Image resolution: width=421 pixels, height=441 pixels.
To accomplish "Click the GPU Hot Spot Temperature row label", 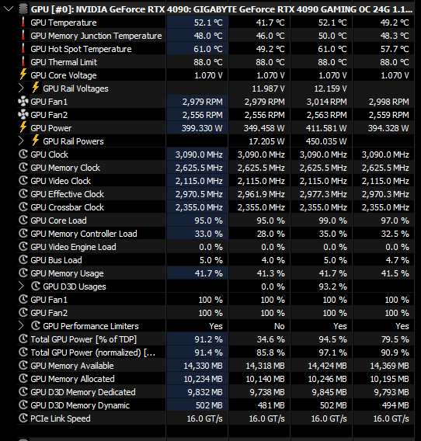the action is (x=81, y=49).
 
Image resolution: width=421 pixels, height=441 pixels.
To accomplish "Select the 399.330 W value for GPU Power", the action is (x=202, y=128).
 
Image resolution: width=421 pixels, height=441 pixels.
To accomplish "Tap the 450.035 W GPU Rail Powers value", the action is (x=326, y=141).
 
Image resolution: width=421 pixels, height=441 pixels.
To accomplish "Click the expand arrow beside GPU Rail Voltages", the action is (x=21, y=89).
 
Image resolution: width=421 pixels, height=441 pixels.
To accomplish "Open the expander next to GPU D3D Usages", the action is (x=21, y=286).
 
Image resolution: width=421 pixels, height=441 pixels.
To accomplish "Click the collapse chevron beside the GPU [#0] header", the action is (x=9, y=9).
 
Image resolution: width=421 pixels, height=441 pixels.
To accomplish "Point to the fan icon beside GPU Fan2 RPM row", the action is (x=23, y=115).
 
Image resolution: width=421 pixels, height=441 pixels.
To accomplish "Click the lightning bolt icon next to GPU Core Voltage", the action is (x=23, y=75).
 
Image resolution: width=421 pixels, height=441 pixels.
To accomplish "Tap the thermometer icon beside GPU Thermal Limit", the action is (x=23, y=61).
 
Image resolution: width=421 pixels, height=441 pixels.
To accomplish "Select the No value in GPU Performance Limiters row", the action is (x=279, y=326).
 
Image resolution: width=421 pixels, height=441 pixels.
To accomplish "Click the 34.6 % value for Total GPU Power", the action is (x=271, y=339).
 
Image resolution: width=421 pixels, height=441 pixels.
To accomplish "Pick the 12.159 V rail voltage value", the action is (x=330, y=89).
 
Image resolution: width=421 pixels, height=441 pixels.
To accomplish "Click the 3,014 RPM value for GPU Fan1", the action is (x=327, y=102).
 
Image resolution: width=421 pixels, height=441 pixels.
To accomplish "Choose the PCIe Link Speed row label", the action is (x=61, y=418).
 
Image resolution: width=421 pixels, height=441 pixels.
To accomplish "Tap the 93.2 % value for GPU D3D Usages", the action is (x=332, y=286).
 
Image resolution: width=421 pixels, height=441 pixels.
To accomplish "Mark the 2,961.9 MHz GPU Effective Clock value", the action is (x=261, y=194).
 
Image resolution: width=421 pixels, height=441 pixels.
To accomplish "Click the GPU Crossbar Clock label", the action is (x=68, y=207).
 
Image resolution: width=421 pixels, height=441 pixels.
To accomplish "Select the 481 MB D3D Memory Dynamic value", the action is (x=271, y=405).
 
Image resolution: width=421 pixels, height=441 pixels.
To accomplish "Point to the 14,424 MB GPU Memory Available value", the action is (x=327, y=366).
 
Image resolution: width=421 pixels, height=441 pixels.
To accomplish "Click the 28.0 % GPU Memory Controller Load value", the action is (x=271, y=234).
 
